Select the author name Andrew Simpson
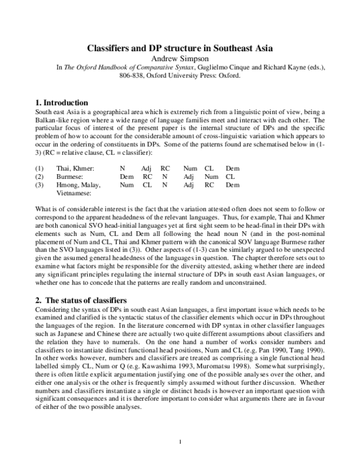[x=179, y=58]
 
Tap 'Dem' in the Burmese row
[x=127, y=161]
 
